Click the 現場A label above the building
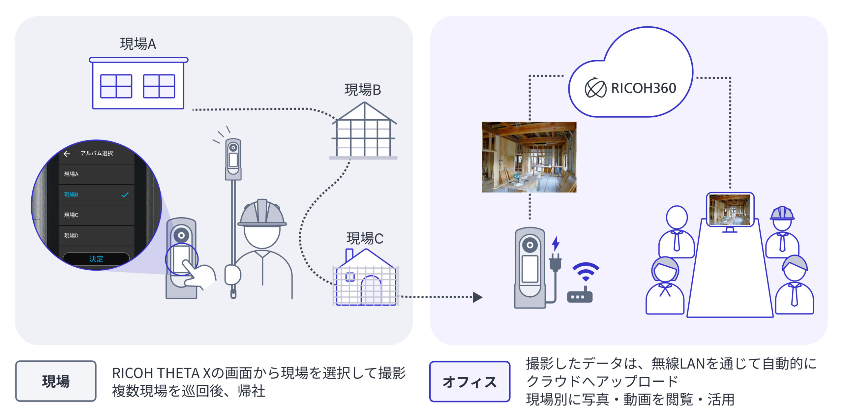(x=138, y=44)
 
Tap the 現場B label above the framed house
(x=362, y=90)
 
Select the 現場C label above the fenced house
(x=365, y=238)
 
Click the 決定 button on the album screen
(x=96, y=259)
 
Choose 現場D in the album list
(x=71, y=235)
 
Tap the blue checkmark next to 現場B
(x=125, y=194)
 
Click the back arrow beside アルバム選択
(x=67, y=154)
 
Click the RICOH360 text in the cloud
(x=643, y=88)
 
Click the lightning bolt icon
(x=556, y=243)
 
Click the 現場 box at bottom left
(x=56, y=381)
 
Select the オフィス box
(x=469, y=382)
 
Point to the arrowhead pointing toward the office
(x=477, y=297)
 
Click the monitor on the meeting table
(x=730, y=210)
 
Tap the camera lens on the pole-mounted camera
(x=233, y=147)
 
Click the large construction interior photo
(x=529, y=157)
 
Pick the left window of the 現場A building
(x=116, y=86)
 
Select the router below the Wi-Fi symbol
(x=579, y=296)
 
